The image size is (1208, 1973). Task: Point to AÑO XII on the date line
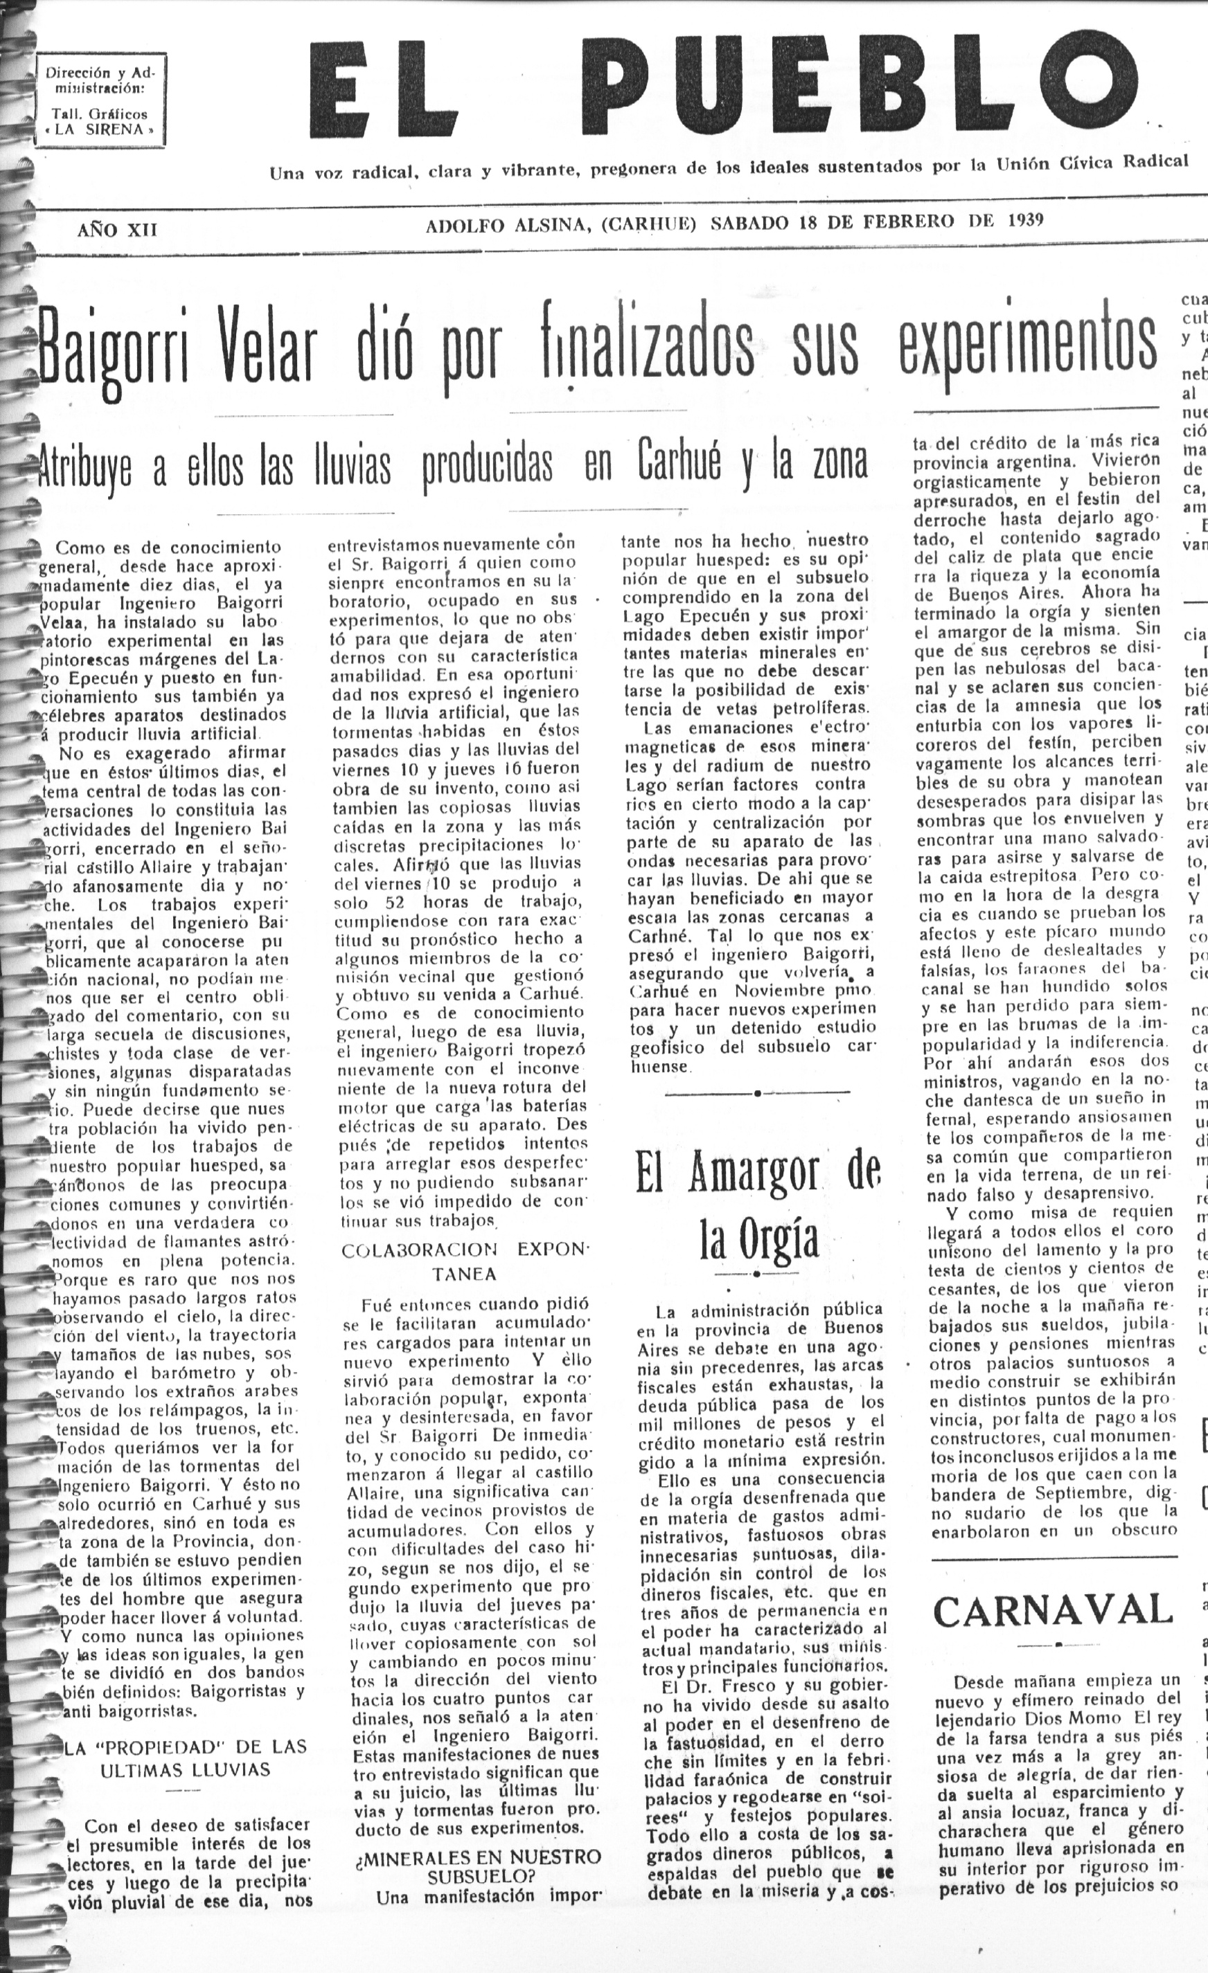click(117, 231)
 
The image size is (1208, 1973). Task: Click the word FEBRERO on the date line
click(908, 222)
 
